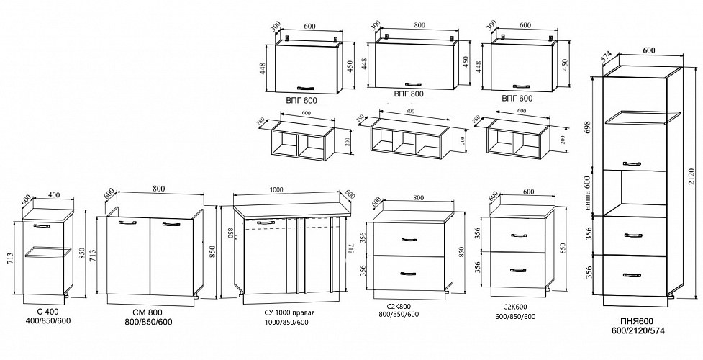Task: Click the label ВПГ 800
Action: point(409,94)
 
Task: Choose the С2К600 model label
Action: point(510,306)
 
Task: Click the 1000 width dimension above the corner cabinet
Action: point(276,190)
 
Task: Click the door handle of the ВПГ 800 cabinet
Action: point(414,82)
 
